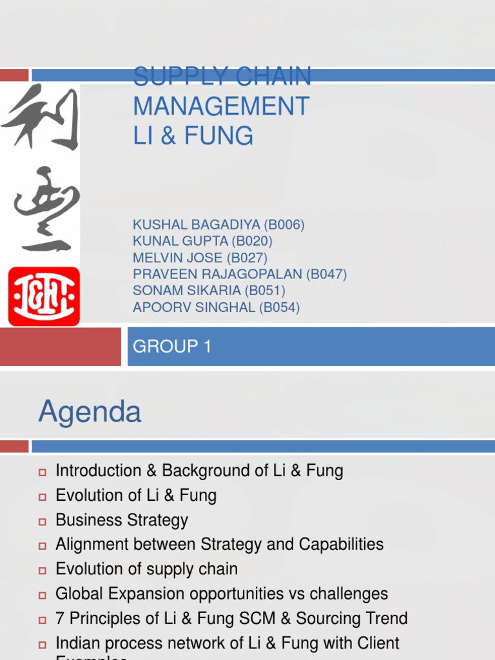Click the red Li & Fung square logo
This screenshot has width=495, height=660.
(x=44, y=296)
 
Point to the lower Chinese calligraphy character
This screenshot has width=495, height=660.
(x=42, y=209)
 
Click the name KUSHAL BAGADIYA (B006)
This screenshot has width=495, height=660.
(x=218, y=225)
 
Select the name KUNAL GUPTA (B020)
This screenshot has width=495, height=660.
(x=202, y=242)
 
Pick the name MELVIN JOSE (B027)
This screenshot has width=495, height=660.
(x=200, y=258)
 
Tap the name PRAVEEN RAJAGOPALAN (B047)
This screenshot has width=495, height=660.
(x=240, y=275)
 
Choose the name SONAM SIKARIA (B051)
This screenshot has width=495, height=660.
(x=209, y=291)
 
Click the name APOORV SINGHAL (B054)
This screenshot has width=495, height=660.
(x=217, y=308)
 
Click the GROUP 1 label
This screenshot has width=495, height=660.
(x=172, y=347)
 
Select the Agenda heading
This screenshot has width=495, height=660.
(x=90, y=412)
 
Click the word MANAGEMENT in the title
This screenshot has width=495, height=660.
(x=221, y=106)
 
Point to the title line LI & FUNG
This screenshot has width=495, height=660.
(x=193, y=136)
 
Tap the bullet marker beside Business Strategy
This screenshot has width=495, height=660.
(x=43, y=521)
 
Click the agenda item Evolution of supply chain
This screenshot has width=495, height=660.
(x=147, y=569)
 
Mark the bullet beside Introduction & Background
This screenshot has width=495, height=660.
(x=43, y=472)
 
